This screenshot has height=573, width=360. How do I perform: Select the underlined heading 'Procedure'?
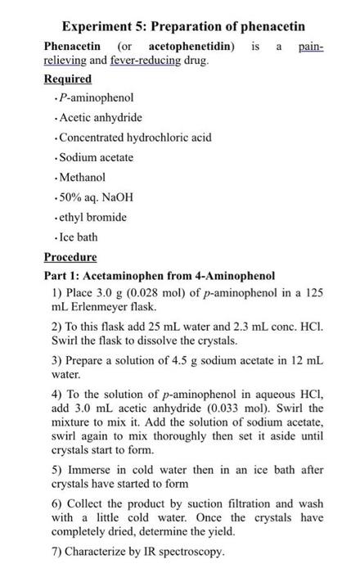coord(71,256)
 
